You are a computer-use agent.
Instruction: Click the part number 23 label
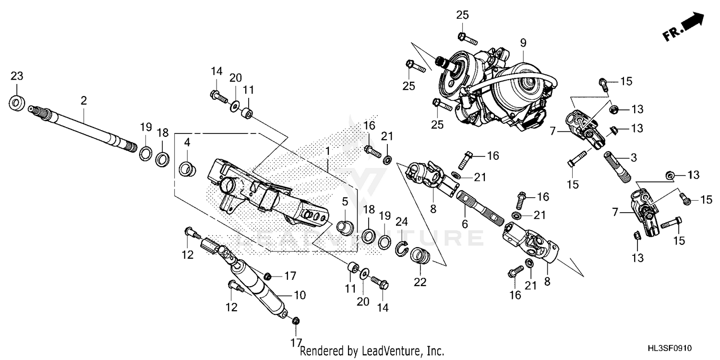coord(17,76)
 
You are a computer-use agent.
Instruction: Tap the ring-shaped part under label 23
coord(17,103)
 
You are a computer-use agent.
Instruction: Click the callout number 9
coord(523,43)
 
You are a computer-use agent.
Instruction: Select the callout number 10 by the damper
coord(300,295)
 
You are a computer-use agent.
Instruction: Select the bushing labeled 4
coord(187,169)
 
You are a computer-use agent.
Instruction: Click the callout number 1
coord(327,151)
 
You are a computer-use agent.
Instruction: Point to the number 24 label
coord(401,221)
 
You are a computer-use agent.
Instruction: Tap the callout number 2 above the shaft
coord(84,100)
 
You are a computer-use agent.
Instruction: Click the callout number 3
coord(633,157)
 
